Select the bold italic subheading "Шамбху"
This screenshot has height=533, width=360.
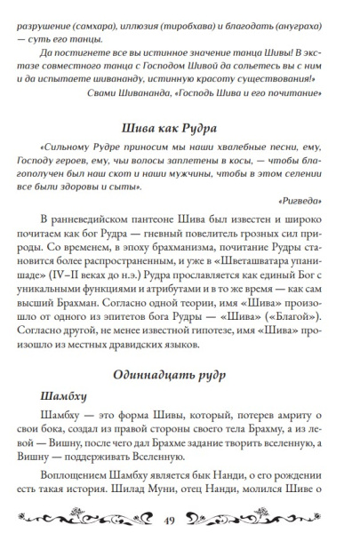coord(67,396)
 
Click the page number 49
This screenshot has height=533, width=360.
coord(180,519)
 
